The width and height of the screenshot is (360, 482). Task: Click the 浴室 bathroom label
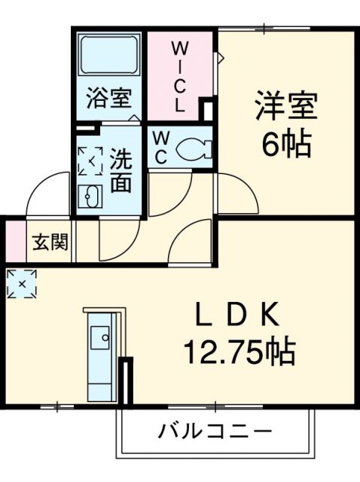(108, 99)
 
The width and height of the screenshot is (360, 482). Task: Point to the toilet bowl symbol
(194, 148)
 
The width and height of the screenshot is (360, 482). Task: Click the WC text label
(161, 146)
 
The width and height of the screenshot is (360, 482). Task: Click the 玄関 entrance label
(50, 243)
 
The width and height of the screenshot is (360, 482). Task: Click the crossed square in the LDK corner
(21, 284)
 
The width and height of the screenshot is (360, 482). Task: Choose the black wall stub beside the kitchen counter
(126, 382)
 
